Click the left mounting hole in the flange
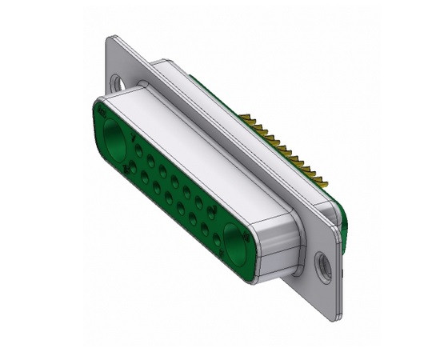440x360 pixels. [119, 82]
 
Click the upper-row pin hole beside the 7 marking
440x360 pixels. [139, 150]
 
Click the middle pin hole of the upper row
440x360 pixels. [174, 182]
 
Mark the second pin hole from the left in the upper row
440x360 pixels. [150, 160]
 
